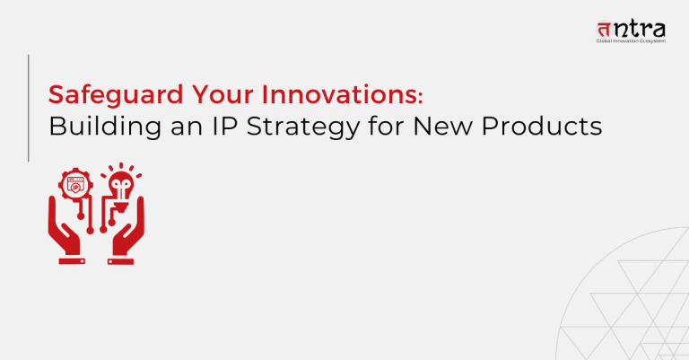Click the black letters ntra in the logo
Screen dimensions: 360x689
[x=643, y=27]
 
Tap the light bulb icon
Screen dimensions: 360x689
[x=119, y=184]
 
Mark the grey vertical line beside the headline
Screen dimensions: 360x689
[x=29, y=108]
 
